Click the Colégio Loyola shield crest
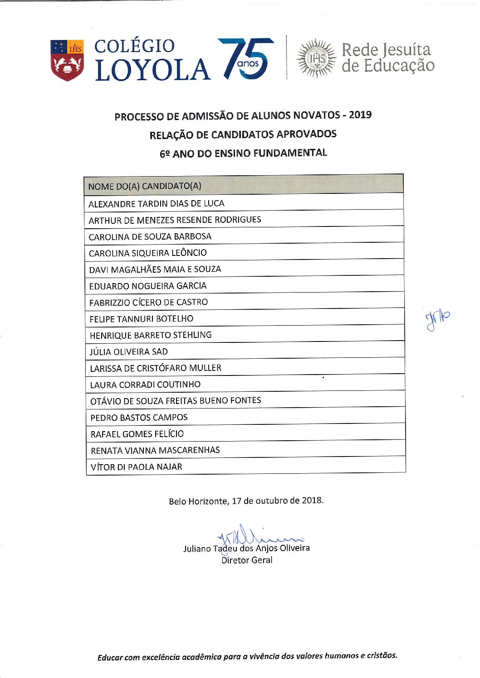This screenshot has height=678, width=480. (67, 60)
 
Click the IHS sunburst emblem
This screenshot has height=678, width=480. (316, 58)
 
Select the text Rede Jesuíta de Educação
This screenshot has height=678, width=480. (387, 58)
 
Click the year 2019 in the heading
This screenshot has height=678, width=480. (360, 115)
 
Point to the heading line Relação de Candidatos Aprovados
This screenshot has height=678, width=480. (243, 135)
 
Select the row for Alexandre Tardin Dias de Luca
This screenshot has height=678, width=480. (157, 203)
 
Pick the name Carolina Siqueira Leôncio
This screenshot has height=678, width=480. (148, 253)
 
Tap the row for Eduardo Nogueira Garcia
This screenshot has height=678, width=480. (148, 286)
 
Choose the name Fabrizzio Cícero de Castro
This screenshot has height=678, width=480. (149, 302)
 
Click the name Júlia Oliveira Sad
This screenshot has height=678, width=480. (129, 351)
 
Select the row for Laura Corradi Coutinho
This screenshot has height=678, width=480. (145, 385)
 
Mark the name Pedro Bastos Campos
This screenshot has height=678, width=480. (139, 417)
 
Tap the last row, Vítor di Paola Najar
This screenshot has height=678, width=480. (137, 466)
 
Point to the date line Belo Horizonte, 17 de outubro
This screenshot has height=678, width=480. (246, 501)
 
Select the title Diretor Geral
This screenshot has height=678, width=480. (247, 560)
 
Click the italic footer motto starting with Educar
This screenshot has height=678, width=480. (247, 656)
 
